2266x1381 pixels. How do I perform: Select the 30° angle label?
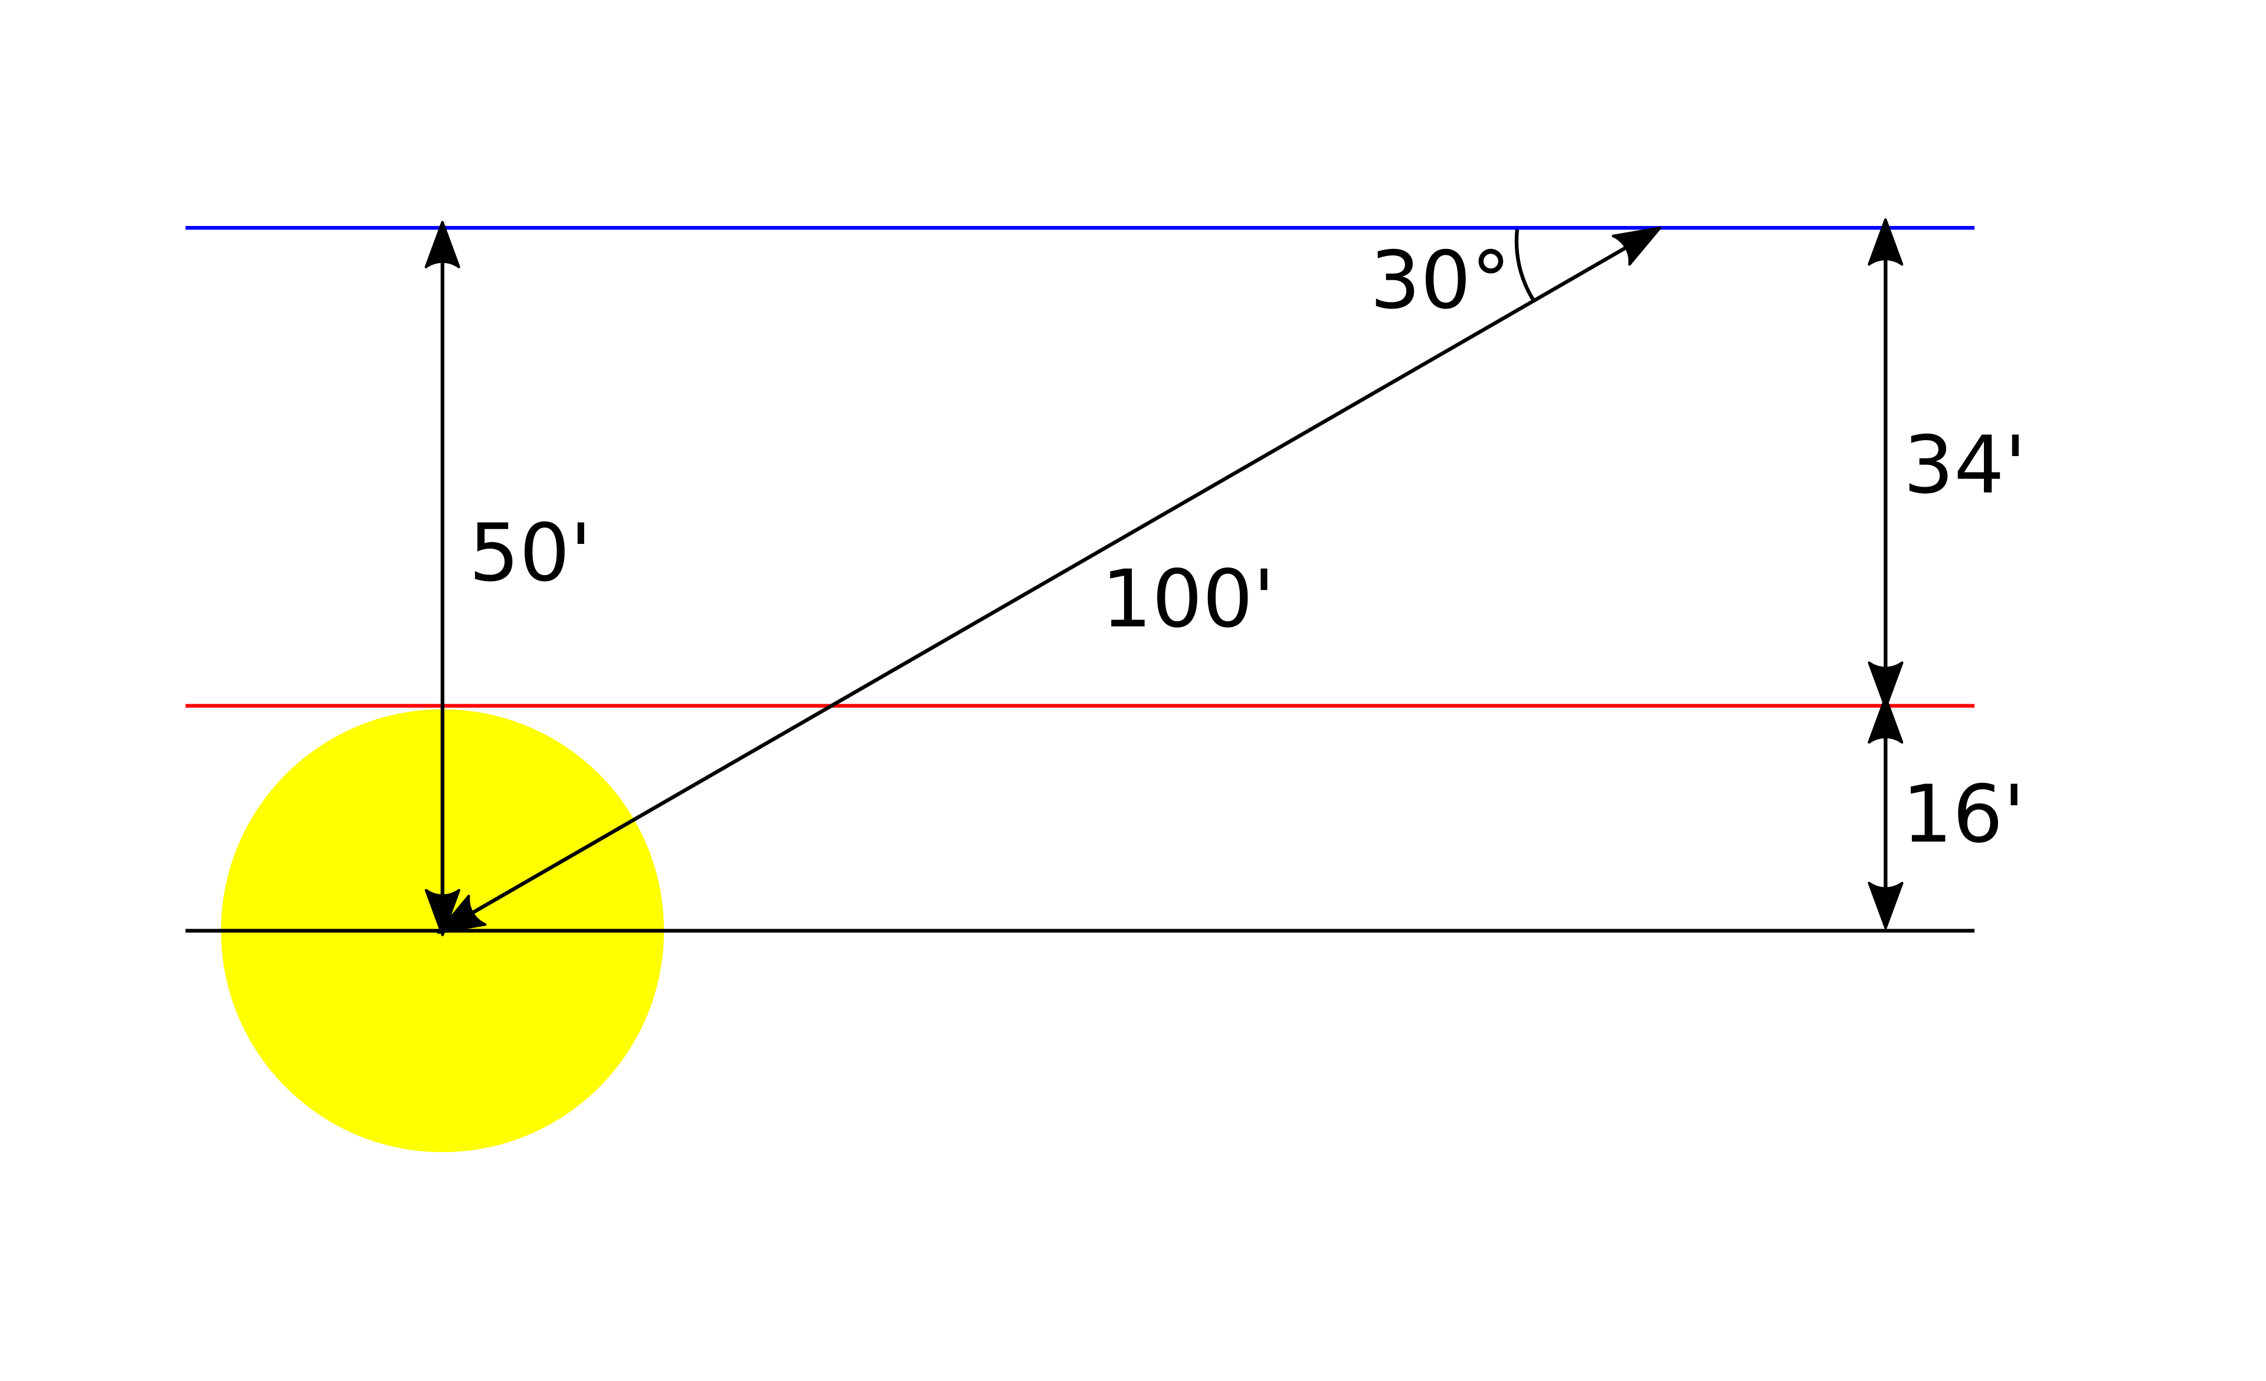tap(1437, 280)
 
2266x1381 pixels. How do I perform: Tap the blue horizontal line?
tap(1080, 228)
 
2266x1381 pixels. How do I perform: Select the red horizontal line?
tap(1080, 706)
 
